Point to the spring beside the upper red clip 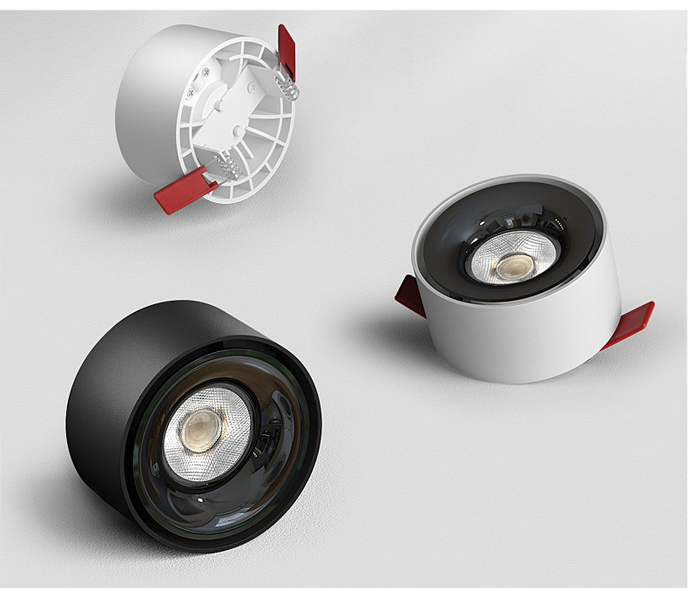point(285,85)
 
